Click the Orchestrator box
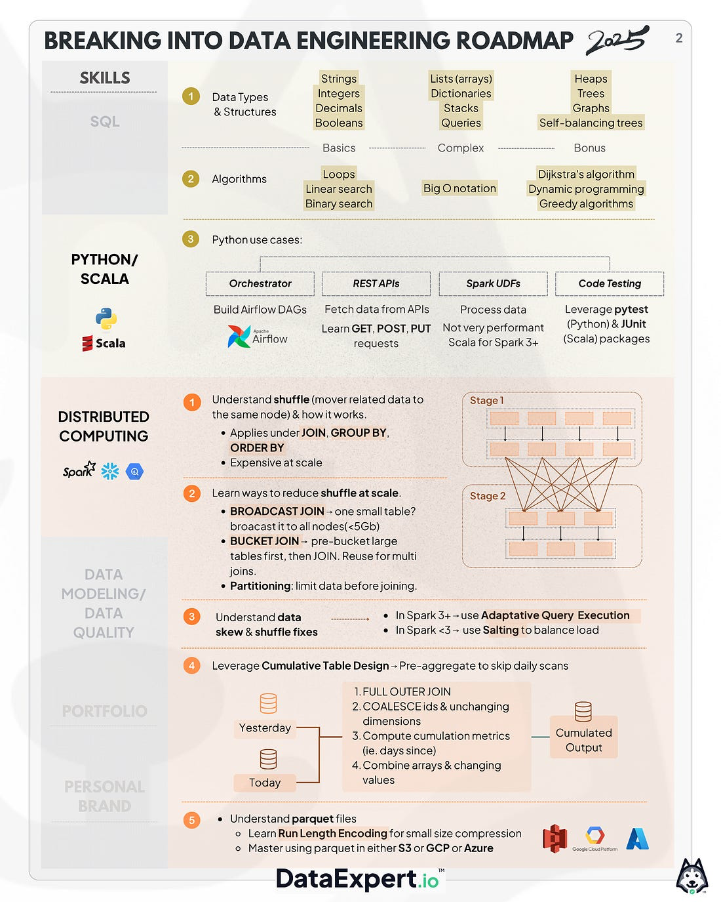click(x=260, y=283)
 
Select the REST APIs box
click(x=376, y=283)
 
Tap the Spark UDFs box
click(x=493, y=283)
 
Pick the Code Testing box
click(x=610, y=283)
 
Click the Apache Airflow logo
click(x=258, y=337)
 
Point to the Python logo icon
click(x=106, y=319)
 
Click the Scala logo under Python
click(x=104, y=343)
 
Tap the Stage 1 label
click(x=486, y=400)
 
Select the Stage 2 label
click(x=488, y=496)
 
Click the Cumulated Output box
click(x=583, y=740)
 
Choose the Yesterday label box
click(x=265, y=728)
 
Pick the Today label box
click(x=265, y=783)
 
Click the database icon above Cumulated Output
click(x=583, y=711)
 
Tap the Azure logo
click(x=637, y=838)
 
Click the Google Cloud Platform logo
click(x=594, y=838)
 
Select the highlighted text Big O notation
click(x=459, y=188)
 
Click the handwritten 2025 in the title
click(x=617, y=41)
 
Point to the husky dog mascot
click(x=692, y=876)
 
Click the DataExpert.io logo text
click(x=357, y=879)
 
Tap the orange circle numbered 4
click(x=191, y=666)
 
